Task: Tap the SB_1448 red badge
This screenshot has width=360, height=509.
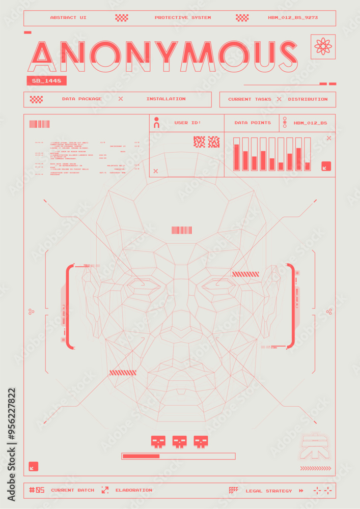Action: [x=46, y=81]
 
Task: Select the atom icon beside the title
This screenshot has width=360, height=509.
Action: [x=324, y=46]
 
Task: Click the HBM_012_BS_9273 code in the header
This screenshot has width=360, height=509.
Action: [x=293, y=18]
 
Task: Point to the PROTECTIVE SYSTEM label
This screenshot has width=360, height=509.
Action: [x=183, y=18]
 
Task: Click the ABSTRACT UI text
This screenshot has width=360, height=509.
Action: [x=68, y=18]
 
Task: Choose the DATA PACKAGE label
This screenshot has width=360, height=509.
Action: [x=82, y=99]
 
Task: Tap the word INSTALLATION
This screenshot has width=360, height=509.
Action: [x=166, y=99]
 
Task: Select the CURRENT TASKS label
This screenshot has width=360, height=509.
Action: [x=250, y=99]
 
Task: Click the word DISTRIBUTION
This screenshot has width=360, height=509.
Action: [x=308, y=99]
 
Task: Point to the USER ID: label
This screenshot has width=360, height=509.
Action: [x=188, y=123]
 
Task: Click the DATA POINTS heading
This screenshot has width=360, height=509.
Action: [x=253, y=123]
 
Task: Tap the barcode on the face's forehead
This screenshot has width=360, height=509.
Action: [x=182, y=230]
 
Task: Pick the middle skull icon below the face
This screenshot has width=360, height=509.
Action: [x=179, y=441]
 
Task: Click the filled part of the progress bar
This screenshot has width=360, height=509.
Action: [x=141, y=456]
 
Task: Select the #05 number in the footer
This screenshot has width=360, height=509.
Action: [x=37, y=490]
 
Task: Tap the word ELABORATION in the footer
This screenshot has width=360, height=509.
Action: [x=133, y=490]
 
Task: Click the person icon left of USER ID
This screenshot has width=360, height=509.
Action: [x=157, y=123]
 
